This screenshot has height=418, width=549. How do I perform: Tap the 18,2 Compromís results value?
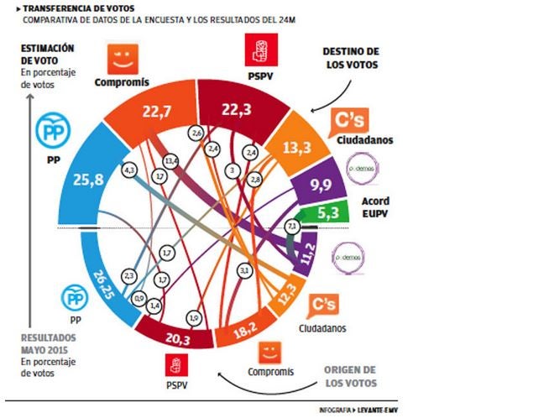(x=245, y=333)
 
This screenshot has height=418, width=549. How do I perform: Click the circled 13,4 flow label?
(x=172, y=159)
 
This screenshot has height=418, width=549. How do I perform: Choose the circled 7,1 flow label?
(x=292, y=227)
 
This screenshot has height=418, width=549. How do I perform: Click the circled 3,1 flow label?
(x=244, y=270)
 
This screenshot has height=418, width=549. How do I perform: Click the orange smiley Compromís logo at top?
(x=123, y=59)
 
